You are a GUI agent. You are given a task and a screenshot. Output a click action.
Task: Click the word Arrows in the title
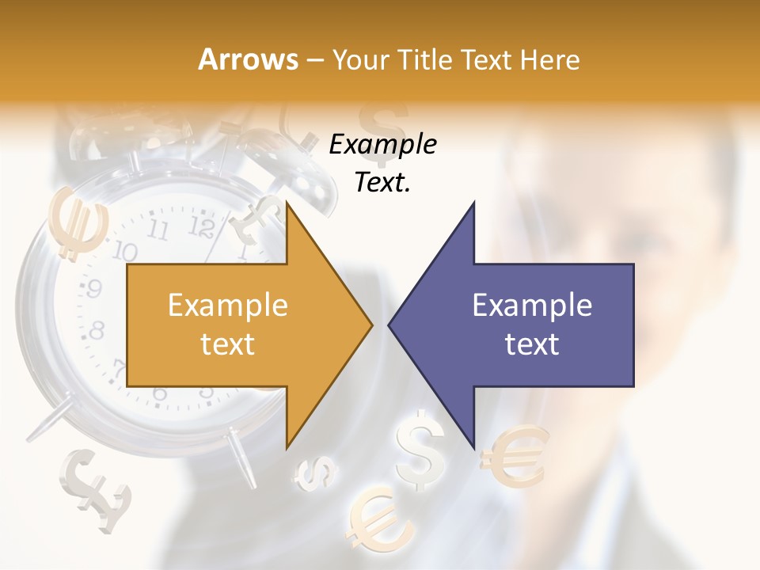249,59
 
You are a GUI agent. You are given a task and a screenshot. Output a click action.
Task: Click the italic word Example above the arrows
382,145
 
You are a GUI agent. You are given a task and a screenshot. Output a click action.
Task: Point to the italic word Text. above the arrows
382,183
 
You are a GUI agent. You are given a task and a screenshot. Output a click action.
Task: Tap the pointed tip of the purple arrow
390,324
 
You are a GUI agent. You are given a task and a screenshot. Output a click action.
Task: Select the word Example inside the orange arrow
228,306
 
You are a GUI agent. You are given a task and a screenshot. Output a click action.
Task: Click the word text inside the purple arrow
532,344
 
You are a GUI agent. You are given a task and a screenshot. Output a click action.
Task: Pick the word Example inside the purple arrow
532,306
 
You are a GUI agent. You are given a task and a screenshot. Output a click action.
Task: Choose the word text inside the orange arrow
228,344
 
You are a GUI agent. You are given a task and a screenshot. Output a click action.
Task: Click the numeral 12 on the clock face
203,228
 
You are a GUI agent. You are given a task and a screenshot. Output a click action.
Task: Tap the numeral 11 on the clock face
158,231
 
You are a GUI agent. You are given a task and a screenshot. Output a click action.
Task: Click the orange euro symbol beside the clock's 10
78,222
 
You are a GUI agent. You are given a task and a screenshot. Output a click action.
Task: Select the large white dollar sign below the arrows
421,450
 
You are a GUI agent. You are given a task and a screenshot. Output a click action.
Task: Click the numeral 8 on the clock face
97,329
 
